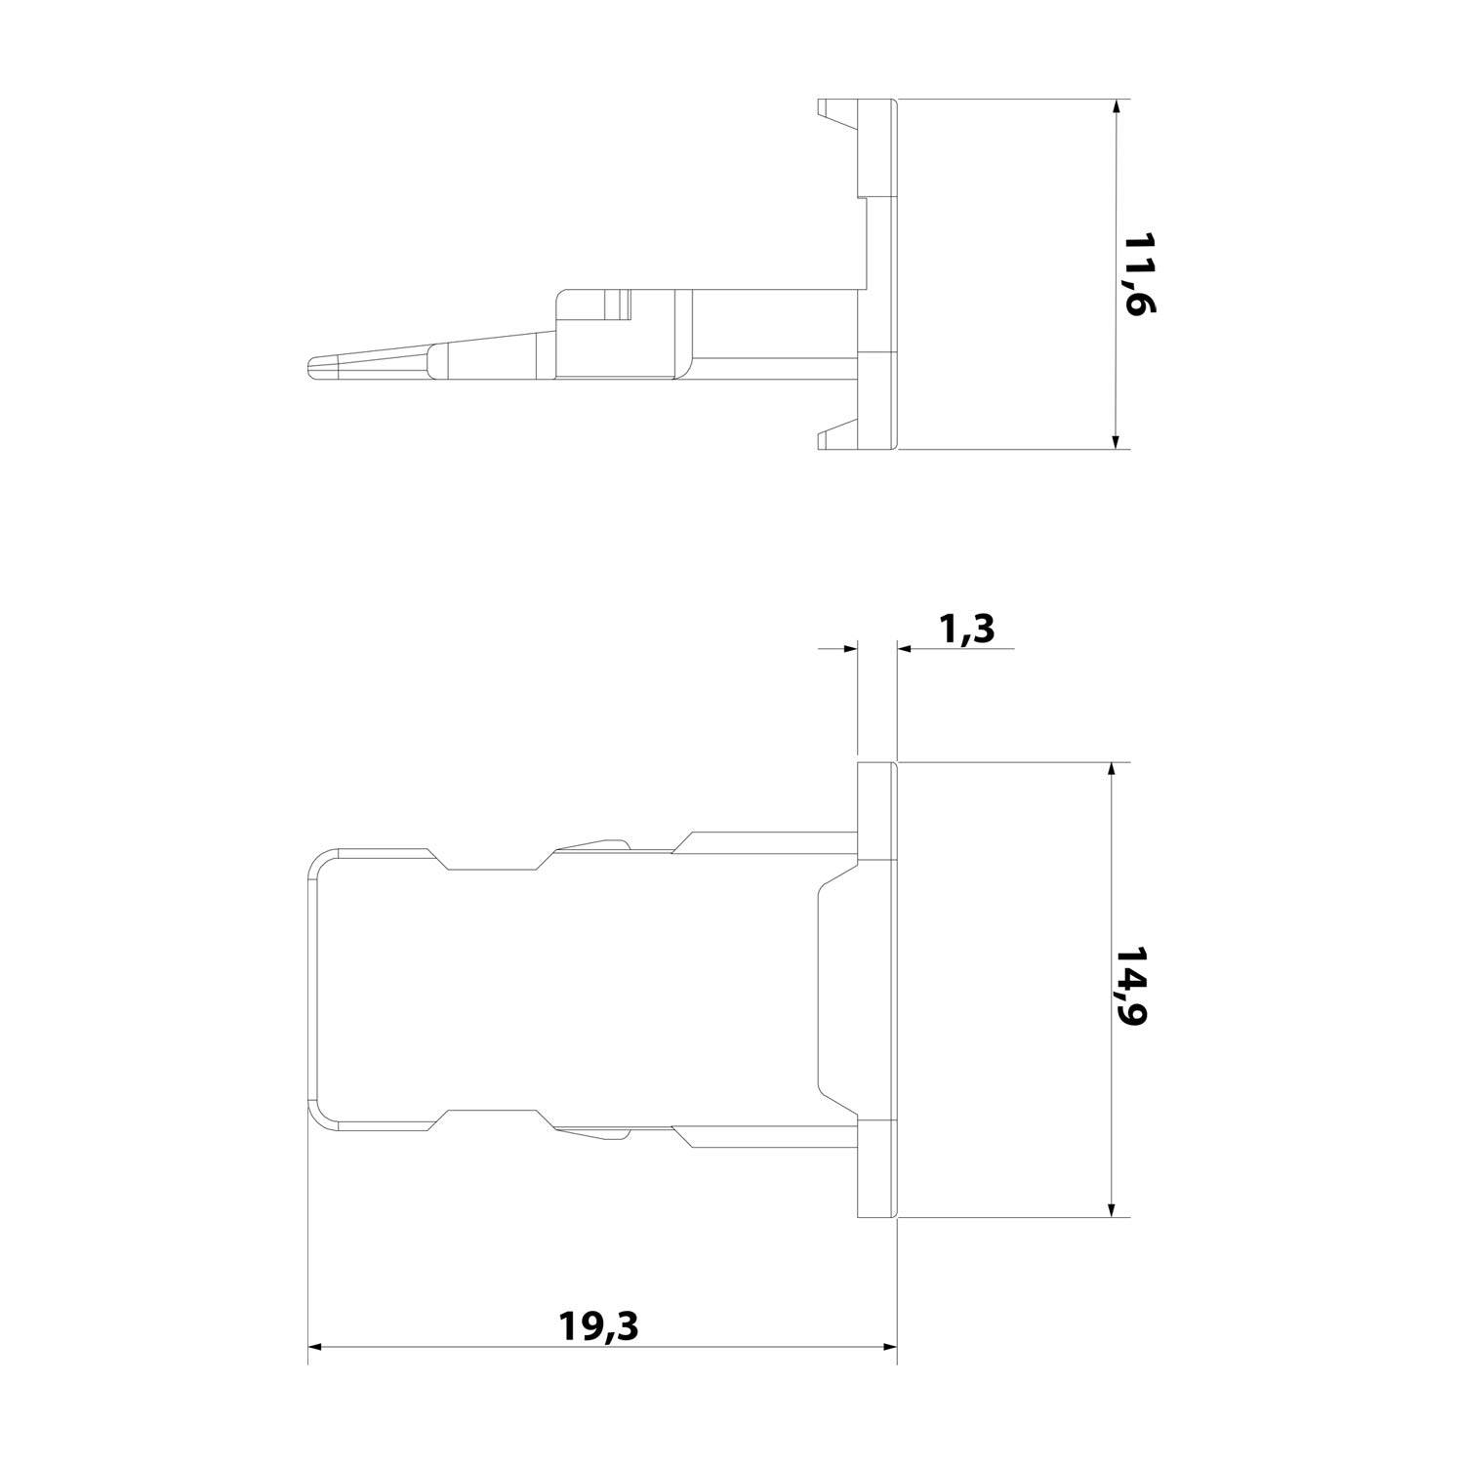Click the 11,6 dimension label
pyautogui.click(x=1138, y=274)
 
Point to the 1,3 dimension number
pyautogui.click(x=966, y=630)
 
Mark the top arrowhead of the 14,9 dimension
pyautogui.click(x=1111, y=772)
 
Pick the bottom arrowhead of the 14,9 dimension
pyautogui.click(x=1111, y=1208)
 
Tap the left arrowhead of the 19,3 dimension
pyautogui.click(x=316, y=1348)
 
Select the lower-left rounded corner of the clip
pyautogui.click(x=322, y=1118)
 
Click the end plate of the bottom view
pyautogui.click(x=876, y=990)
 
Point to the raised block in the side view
pyautogui.click(x=617, y=332)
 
